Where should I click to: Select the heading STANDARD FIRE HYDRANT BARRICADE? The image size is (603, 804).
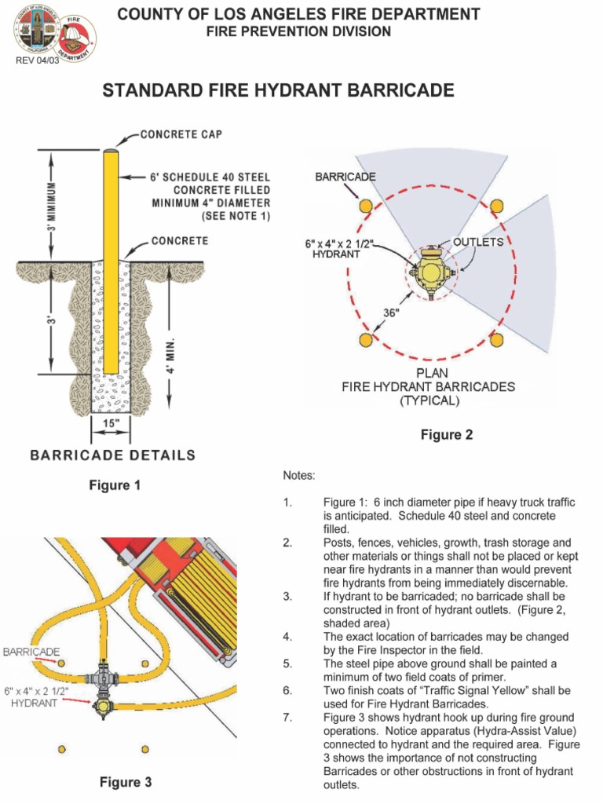[x=279, y=91]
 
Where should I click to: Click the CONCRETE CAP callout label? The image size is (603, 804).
[x=181, y=135]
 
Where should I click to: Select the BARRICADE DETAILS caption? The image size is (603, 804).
[x=112, y=455]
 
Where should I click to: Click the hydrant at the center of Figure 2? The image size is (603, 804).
[x=429, y=272]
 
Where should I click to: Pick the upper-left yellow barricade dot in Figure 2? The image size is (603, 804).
[x=365, y=206]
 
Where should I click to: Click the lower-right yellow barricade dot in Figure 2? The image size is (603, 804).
[x=496, y=339]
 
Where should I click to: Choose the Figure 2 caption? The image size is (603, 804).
[x=446, y=435]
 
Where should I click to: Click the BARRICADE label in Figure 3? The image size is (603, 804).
[x=31, y=652]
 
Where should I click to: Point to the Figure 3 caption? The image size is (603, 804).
[x=125, y=782]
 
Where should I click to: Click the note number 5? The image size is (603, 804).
[x=288, y=664]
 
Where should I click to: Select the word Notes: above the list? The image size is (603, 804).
[x=299, y=476]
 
